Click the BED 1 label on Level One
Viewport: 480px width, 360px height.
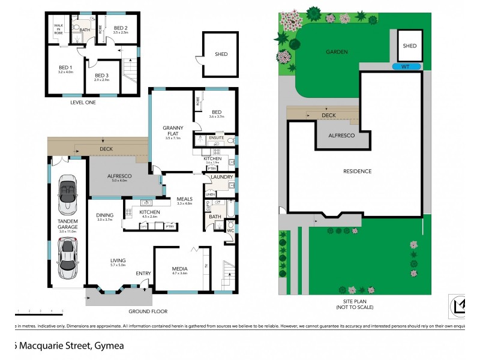coord(65,68)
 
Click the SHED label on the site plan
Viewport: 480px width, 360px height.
coord(409,46)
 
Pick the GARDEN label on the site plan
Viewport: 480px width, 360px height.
coord(337,52)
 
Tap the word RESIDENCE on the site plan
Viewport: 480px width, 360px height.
coord(358,171)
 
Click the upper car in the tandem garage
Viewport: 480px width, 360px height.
coord(67,195)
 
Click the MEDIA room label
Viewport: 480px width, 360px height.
coord(180,269)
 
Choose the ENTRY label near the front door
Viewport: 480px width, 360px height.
coord(143,274)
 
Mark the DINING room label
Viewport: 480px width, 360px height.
coord(105,215)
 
